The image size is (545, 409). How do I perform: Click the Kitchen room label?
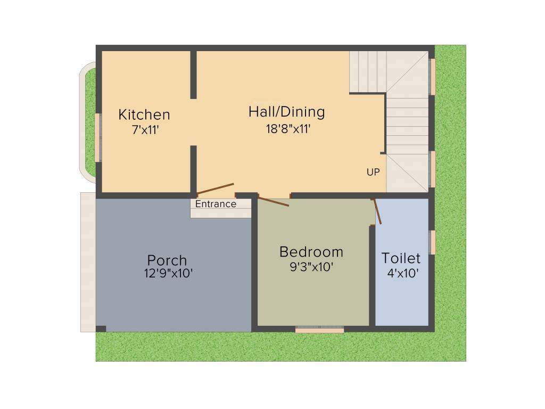(144, 114)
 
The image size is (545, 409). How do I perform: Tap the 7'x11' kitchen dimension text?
(145, 130)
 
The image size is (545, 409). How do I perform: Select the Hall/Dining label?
(286, 112)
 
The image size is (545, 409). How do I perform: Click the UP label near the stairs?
(373, 172)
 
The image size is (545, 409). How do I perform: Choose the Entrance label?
(216, 204)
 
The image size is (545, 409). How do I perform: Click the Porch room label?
(167, 260)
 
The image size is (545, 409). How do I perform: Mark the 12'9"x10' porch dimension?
(168, 273)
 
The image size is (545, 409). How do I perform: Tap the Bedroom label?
(311, 251)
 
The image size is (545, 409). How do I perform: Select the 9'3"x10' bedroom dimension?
(311, 267)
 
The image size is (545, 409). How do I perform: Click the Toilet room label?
(401, 258)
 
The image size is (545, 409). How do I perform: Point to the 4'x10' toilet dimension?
(403, 274)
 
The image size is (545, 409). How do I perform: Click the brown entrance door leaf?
(216, 189)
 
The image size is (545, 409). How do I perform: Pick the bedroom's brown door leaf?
(274, 201)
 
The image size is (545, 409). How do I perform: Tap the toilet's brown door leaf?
(377, 211)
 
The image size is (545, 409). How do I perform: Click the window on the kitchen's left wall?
(98, 137)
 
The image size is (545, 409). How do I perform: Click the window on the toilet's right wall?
(432, 242)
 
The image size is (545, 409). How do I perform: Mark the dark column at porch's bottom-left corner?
(101, 328)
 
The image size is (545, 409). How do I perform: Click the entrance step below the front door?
(220, 212)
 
